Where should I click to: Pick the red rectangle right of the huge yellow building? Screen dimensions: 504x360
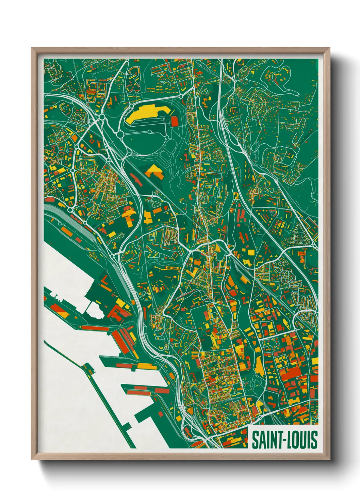(175, 121)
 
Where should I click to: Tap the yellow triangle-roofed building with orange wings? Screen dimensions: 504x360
(154, 171)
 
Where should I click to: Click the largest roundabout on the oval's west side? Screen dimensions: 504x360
(120, 135)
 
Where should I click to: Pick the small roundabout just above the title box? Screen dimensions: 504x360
(260, 418)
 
